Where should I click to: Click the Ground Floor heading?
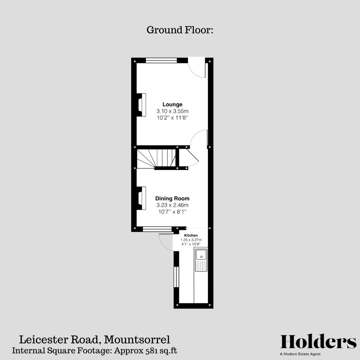click(180, 30)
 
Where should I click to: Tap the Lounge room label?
click(172, 104)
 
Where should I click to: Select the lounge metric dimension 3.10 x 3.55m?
click(172, 111)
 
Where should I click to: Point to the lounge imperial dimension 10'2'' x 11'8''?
click(172, 118)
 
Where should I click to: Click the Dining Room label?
click(172, 198)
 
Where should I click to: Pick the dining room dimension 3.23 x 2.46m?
click(172, 205)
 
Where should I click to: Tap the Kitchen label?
click(191, 235)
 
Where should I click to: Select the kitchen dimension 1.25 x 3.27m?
click(191, 240)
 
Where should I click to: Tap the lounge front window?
click(161, 60)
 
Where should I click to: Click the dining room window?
click(157, 229)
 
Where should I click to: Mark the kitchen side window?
click(176, 277)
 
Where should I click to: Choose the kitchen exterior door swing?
click(166, 242)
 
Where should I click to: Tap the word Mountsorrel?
click(137, 340)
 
